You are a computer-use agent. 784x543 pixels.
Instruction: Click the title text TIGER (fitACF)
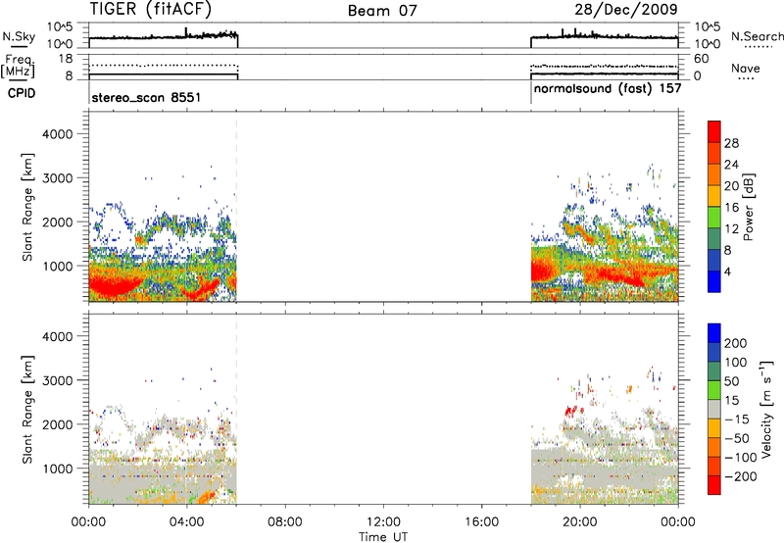[151, 9]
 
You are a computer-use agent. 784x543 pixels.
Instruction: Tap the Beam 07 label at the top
[382, 11]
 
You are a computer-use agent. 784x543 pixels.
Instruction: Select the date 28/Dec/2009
[626, 9]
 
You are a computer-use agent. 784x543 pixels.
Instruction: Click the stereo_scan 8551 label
[146, 97]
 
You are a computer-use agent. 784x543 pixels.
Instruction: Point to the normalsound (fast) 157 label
[608, 88]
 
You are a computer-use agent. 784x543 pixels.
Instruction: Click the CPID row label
[22, 93]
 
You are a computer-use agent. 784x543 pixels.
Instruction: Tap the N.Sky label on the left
[19, 36]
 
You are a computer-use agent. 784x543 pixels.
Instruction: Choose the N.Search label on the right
[757, 36]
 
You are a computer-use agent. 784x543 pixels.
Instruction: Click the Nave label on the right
[746, 68]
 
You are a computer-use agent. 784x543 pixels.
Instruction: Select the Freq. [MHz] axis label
[19, 67]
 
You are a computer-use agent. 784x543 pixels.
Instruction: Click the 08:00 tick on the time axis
[284, 522]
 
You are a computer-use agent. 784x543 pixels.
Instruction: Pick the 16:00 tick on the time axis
[481, 522]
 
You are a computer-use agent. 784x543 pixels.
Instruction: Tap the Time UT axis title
[383, 536]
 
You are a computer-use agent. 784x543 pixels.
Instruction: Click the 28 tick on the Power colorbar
[731, 143]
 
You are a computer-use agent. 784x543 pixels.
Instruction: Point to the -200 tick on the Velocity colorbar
[741, 476]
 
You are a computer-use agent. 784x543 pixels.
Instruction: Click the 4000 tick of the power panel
[58, 134]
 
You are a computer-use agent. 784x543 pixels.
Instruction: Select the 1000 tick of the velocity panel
[58, 469]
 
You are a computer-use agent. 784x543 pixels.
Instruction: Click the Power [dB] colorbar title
[749, 207]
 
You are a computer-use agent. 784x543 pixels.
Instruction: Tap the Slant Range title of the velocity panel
[27, 410]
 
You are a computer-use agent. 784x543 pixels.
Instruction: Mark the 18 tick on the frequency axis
[66, 59]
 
